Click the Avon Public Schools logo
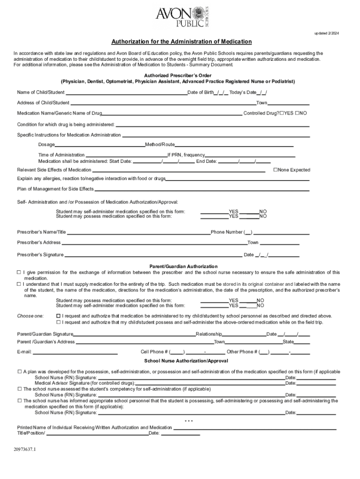click(185, 17)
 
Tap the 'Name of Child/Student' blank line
click(126, 93)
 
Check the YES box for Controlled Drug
click(282, 113)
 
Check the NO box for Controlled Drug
click(297, 113)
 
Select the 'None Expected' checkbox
click(276, 170)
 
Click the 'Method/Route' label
click(160, 145)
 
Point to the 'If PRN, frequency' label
click(186, 155)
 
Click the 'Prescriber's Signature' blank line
click(153, 255)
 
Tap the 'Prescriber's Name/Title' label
click(42, 232)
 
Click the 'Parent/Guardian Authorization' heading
click(183, 266)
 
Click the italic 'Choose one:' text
click(30, 316)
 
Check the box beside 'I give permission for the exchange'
click(19, 272)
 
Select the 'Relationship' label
click(209, 334)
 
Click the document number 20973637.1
click(28, 450)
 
